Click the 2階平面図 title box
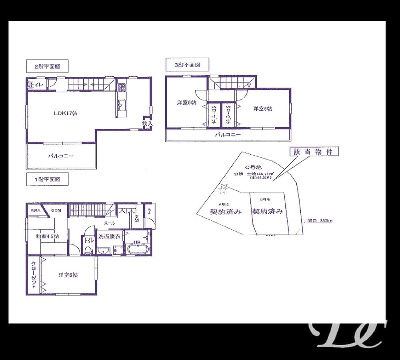47,66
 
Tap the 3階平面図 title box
186,64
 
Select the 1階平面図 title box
47,180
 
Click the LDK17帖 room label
66,114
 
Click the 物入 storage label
147,124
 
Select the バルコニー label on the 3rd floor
228,135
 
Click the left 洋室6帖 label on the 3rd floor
186,103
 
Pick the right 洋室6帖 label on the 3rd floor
262,108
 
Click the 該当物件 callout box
314,152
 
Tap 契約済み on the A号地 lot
226,212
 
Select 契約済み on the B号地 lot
268,212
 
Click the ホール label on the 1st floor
110,223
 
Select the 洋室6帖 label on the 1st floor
68,275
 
